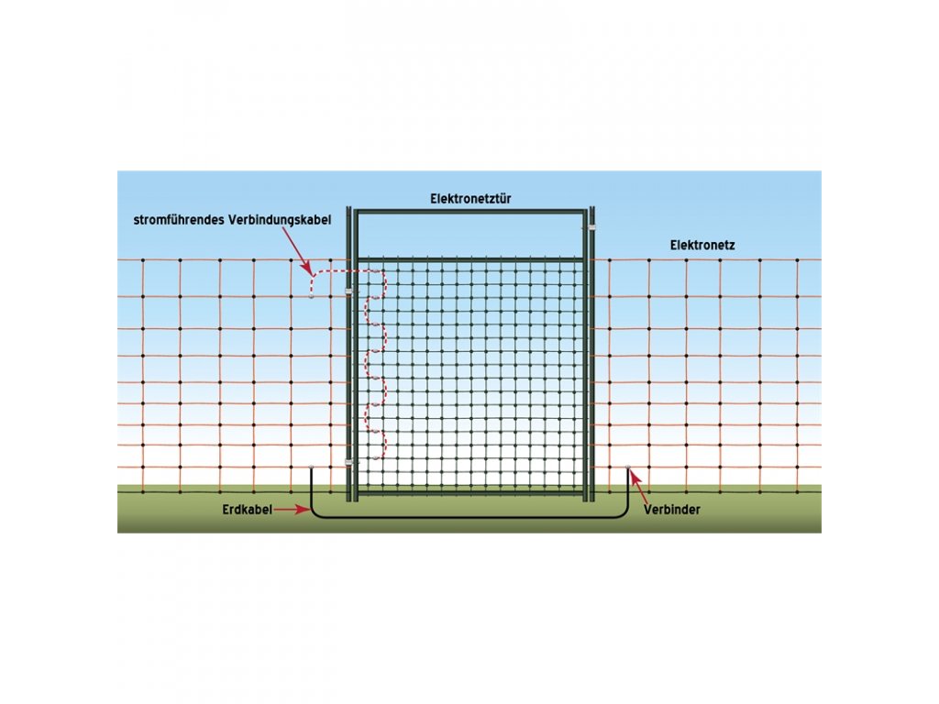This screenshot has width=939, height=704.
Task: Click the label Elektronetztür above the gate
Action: tap(470, 199)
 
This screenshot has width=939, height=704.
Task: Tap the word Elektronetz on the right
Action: tap(702, 245)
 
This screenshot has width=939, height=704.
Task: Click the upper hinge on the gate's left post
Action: tap(348, 292)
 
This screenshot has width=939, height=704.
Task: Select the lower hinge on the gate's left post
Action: tap(348, 464)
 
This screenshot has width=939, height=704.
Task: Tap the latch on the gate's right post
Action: tap(592, 228)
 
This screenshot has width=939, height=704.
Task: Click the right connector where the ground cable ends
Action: tap(627, 469)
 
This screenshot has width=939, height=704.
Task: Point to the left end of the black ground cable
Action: tap(312, 470)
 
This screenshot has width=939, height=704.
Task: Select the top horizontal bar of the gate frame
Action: tap(469, 212)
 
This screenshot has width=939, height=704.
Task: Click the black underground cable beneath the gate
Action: tap(469, 517)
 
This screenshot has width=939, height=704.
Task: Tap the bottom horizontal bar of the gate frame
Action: tap(469, 493)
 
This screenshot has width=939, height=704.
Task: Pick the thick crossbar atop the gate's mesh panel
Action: tap(469, 259)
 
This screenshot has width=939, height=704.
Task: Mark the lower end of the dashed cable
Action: tap(374, 458)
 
